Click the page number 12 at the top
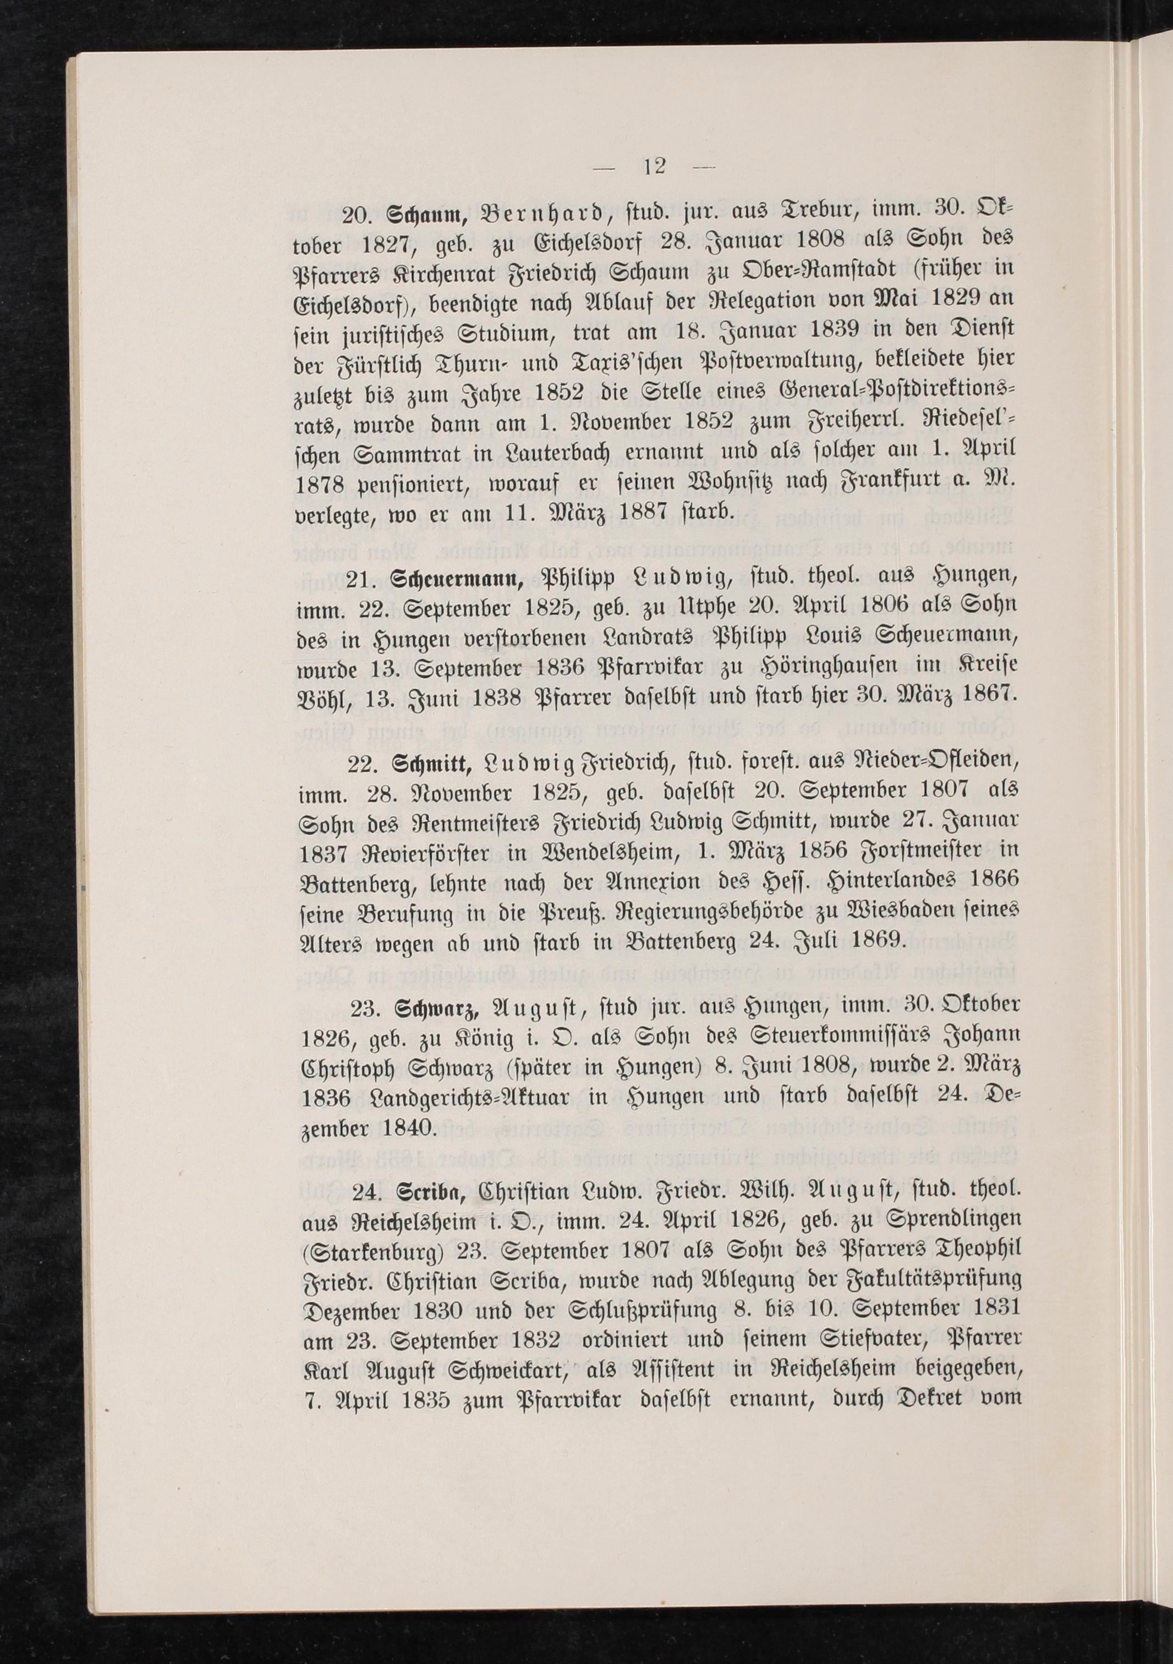click(655, 167)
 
